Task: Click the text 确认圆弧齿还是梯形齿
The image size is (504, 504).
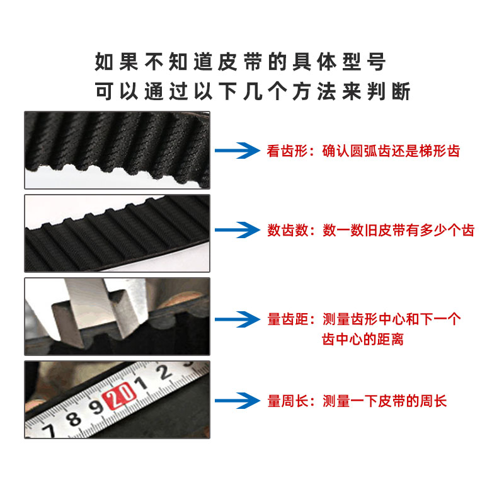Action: [391, 151]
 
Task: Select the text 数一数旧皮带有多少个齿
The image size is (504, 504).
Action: [398, 231]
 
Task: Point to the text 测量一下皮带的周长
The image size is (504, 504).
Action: [385, 401]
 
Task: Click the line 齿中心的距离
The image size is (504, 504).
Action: [362, 340]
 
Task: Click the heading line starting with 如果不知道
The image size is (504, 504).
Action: [239, 62]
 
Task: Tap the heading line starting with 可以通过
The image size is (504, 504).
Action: [252, 91]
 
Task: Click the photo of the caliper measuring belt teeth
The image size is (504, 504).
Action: [117, 317]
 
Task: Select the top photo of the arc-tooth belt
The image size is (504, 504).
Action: [117, 150]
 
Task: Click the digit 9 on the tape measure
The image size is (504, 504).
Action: [96, 408]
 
